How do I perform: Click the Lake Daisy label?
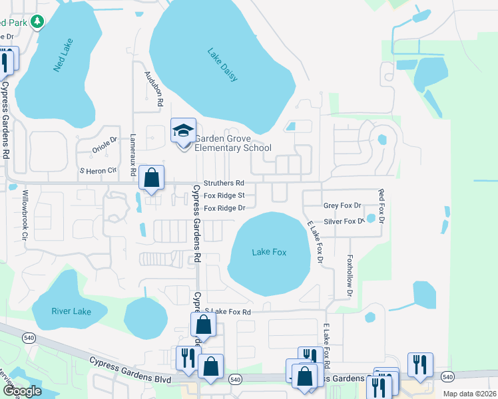[222, 65]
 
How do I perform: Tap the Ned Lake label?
[63, 55]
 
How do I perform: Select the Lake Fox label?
[269, 252]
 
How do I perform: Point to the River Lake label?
[70, 311]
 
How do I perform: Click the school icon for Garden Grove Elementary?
[183, 130]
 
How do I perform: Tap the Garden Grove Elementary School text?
[232, 144]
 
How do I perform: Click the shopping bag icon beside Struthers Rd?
[152, 178]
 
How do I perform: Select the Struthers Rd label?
[224, 183]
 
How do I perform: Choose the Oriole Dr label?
[105, 141]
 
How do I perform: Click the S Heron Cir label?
[99, 171]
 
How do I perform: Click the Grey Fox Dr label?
[342, 206]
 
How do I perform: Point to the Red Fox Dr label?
[381, 205]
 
